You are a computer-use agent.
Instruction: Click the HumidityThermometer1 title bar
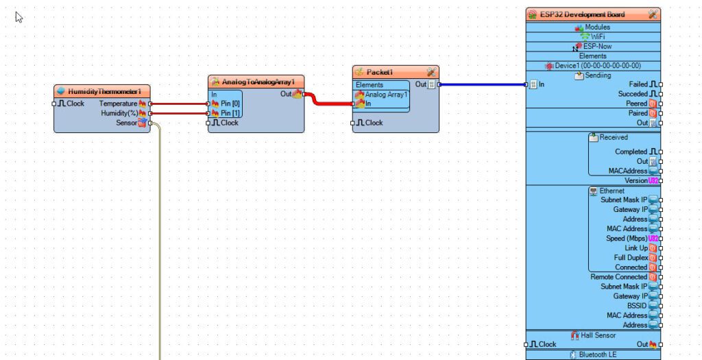(102, 91)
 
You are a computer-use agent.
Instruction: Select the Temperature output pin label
(118, 104)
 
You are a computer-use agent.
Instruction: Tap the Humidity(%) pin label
(119, 113)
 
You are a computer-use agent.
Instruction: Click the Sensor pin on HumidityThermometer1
(150, 123)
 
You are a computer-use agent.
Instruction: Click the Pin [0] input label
(230, 104)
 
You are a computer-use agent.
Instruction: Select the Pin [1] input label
(230, 113)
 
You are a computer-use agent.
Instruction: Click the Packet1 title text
(380, 72)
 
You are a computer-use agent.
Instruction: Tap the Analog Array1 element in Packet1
(386, 95)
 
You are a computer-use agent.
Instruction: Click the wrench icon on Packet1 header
(431, 71)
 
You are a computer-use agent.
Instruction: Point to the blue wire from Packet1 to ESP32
(483, 84)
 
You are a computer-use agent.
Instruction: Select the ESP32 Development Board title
(583, 14)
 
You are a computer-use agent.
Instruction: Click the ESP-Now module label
(597, 46)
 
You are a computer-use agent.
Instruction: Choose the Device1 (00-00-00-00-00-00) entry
(598, 65)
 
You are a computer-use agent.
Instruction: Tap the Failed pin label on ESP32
(638, 84)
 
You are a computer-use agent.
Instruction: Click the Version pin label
(636, 180)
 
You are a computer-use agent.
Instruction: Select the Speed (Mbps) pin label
(627, 238)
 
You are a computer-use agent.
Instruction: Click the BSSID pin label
(637, 306)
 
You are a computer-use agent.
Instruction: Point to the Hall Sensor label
(598, 335)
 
